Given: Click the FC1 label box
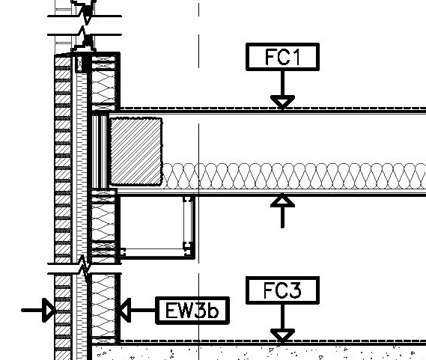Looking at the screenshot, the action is point(282,57).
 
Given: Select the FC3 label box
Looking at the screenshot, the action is point(282,290).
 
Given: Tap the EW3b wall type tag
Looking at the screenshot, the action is point(192,310).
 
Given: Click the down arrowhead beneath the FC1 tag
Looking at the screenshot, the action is point(282,102).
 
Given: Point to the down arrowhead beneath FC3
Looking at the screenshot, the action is point(282,335).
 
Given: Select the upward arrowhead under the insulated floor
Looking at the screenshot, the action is point(282,201).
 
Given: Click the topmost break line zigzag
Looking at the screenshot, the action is point(85,10).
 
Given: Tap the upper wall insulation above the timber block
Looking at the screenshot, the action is point(104,82).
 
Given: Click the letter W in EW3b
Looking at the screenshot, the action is point(186,310).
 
